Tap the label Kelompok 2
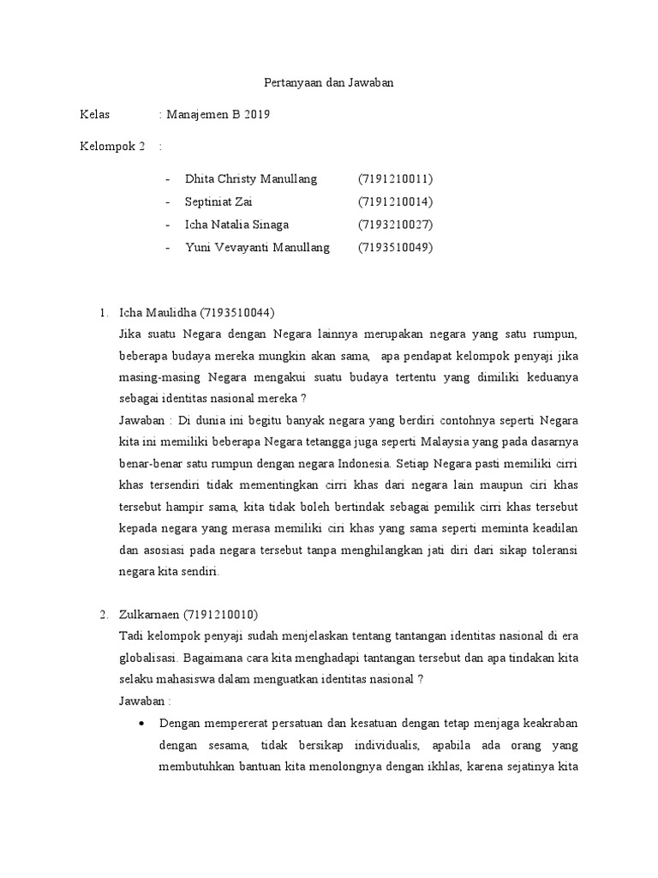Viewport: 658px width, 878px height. [x=112, y=146]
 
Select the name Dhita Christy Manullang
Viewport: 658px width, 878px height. [x=251, y=179]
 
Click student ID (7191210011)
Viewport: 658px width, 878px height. [x=396, y=179]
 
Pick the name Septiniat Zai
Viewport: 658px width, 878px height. [x=218, y=202]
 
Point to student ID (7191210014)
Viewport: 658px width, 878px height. [x=396, y=202]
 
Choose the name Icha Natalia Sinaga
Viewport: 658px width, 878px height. [x=236, y=225]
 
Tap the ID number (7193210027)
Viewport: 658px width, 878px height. [x=396, y=225]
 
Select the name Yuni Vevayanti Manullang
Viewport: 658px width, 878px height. [x=256, y=248]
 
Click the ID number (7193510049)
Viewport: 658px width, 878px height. [x=396, y=248]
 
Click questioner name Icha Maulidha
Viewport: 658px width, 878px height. [x=158, y=312]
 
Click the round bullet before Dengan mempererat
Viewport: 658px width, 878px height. [x=142, y=723]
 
